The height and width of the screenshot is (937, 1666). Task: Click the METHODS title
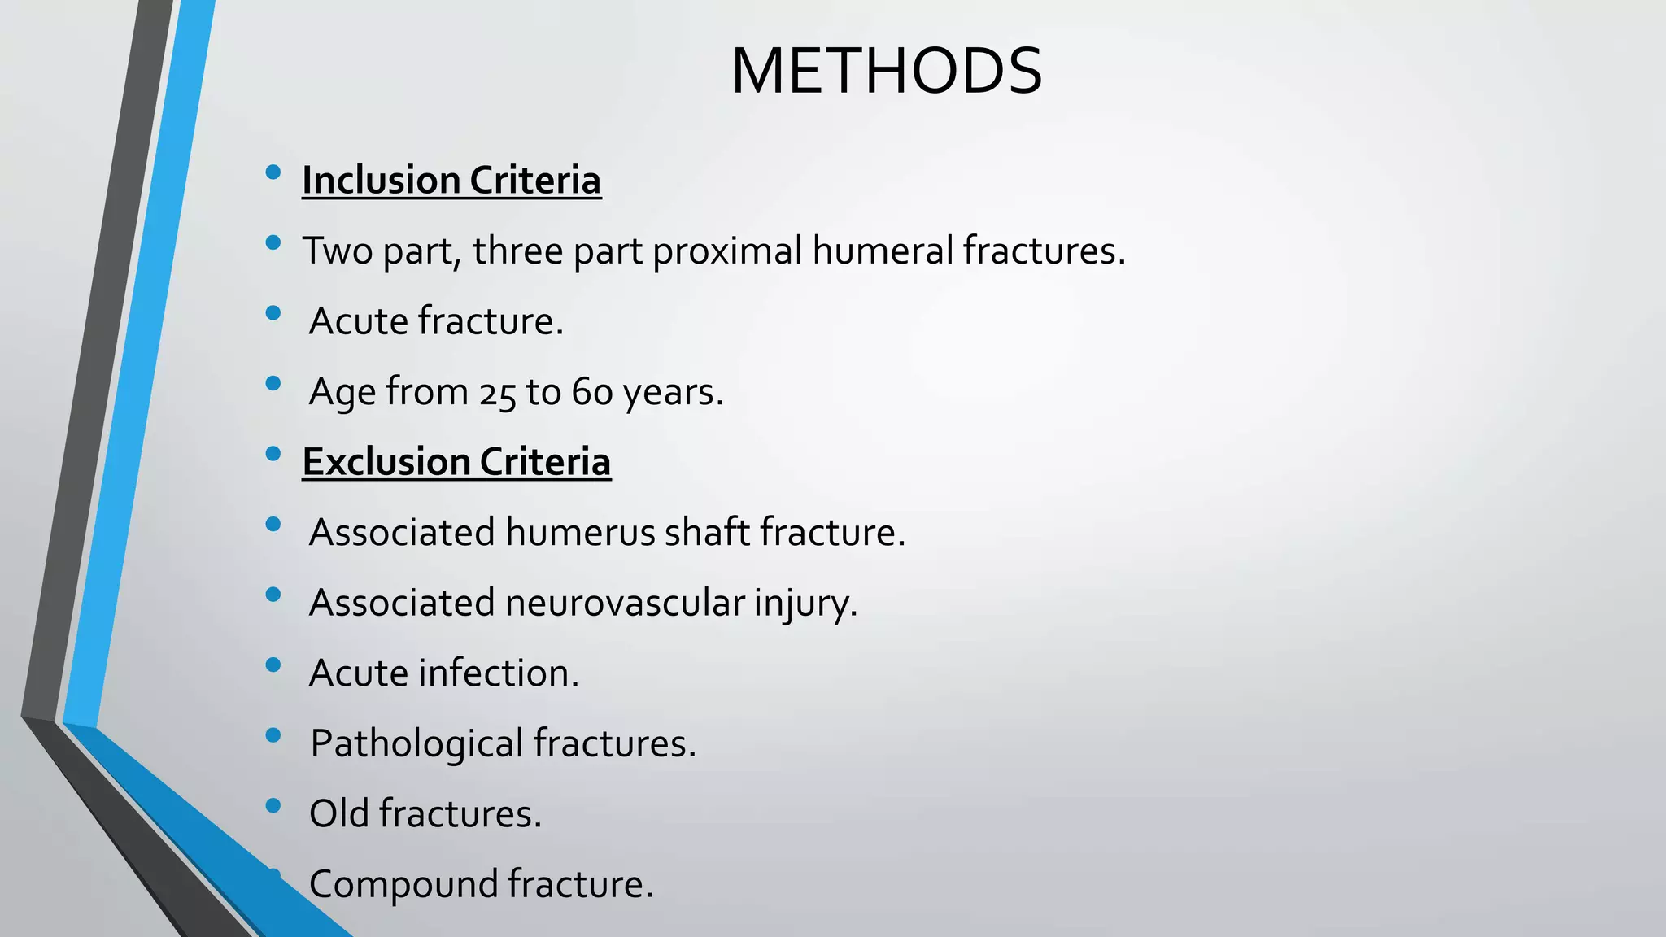(886, 72)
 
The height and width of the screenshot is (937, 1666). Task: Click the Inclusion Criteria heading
(451, 180)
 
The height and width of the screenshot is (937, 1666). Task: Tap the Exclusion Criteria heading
(456, 461)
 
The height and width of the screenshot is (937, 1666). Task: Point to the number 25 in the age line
(497, 393)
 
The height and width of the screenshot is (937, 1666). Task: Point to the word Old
(338, 813)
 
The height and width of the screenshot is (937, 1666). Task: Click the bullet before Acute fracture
(273, 312)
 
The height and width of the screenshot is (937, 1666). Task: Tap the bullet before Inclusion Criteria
(273, 172)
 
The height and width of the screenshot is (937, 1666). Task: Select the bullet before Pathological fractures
(273, 735)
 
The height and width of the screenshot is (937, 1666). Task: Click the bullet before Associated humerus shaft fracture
(273, 524)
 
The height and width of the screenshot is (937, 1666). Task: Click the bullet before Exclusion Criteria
(273, 453)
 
